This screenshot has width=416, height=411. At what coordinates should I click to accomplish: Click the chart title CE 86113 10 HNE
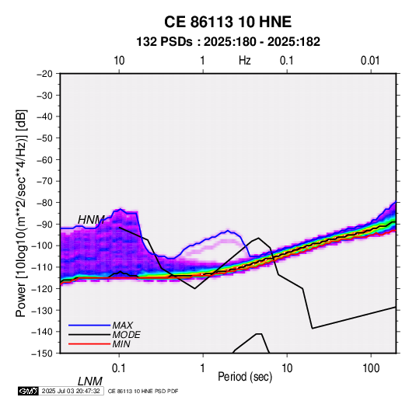(x=228, y=22)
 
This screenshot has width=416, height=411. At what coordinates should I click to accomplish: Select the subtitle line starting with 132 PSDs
(x=228, y=42)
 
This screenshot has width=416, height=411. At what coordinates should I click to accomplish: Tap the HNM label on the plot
(x=91, y=220)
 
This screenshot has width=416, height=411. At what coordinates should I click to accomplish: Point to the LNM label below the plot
(x=90, y=381)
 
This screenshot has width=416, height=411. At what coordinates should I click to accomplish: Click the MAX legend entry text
(x=123, y=325)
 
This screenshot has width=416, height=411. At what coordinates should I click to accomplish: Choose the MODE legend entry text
(x=126, y=335)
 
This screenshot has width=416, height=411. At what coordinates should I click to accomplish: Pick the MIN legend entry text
(x=121, y=344)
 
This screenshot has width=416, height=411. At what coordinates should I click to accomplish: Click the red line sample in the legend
(x=89, y=344)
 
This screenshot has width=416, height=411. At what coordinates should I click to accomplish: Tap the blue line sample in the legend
(x=89, y=325)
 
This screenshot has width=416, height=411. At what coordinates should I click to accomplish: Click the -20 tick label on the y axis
(x=44, y=74)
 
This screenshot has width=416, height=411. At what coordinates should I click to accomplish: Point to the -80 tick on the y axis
(x=44, y=203)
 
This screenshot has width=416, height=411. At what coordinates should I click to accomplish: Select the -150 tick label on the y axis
(x=42, y=354)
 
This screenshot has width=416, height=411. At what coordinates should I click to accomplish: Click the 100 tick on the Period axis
(x=371, y=368)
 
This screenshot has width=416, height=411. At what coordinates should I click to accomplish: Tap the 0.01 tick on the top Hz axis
(x=370, y=61)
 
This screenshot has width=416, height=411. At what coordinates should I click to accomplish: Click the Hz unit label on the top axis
(x=245, y=61)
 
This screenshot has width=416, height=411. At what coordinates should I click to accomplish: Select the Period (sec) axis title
(x=245, y=377)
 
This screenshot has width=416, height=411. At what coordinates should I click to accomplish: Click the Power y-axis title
(x=21, y=213)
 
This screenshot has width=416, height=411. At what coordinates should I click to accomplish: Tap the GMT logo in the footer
(x=29, y=391)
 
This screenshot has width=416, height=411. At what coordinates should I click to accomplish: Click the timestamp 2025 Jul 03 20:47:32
(x=71, y=391)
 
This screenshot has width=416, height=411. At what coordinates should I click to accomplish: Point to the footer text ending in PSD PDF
(x=143, y=391)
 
